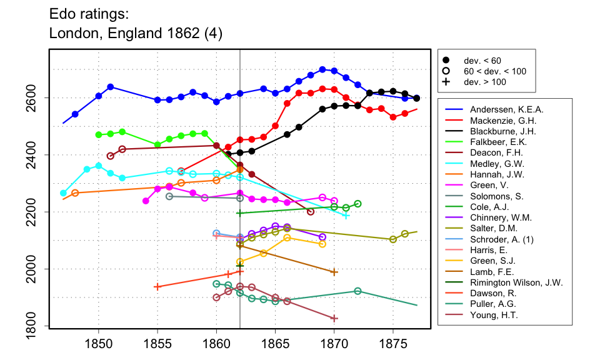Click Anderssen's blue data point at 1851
110,87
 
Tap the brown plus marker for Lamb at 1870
334,272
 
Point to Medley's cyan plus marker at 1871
346,216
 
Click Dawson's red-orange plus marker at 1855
157,287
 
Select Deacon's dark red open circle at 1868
311,212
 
